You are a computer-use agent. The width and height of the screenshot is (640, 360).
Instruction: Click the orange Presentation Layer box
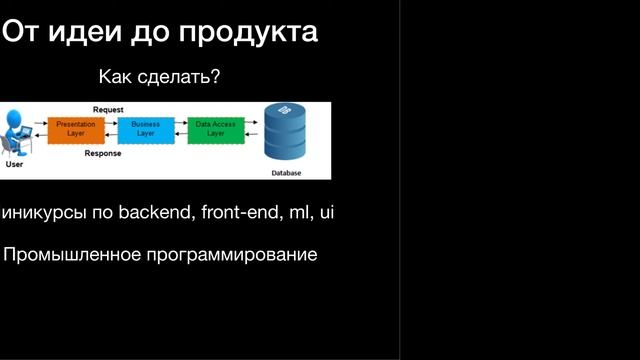(76, 129)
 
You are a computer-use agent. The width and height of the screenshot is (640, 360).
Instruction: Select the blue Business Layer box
(146, 129)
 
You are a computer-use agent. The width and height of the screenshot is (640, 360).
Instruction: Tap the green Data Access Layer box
(215, 129)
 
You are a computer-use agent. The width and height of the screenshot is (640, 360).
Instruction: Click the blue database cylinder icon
(286, 133)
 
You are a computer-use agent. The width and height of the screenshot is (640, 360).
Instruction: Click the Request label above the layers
(108, 108)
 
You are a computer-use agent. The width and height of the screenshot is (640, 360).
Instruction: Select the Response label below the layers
(103, 154)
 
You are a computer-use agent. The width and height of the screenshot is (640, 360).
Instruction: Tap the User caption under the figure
(14, 164)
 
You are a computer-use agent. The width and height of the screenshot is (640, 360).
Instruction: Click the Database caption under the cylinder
(286, 173)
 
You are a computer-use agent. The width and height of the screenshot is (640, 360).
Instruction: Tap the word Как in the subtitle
(115, 77)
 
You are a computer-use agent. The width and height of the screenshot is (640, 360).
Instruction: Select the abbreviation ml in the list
(301, 212)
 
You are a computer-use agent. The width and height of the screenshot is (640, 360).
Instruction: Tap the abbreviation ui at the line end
(326, 212)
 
